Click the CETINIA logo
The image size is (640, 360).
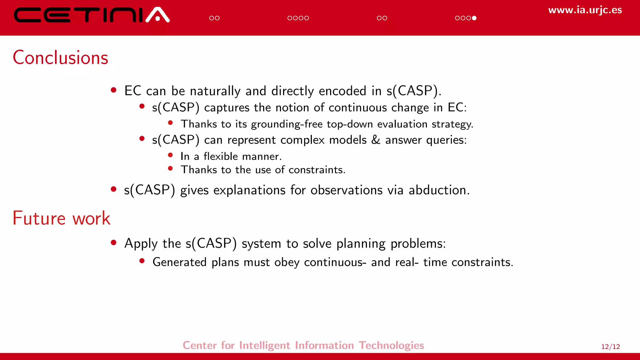click(92, 15)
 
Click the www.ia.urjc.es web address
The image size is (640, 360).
click(585, 10)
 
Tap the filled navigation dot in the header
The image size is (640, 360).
click(474, 18)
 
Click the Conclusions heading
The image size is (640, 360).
click(60, 58)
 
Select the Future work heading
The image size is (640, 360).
click(61, 218)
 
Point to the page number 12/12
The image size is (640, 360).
click(610, 347)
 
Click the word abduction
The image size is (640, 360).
click(439, 190)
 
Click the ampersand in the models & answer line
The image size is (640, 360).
click(376, 140)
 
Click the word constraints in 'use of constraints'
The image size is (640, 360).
click(317, 170)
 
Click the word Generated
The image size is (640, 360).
click(179, 262)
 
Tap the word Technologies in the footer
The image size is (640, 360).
click(391, 345)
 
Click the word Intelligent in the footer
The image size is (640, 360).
click(264, 345)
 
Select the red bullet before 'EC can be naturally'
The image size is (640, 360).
click(114, 90)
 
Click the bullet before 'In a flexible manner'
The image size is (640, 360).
click(170, 155)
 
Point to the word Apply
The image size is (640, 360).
click(141, 244)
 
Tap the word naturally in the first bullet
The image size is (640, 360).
click(215, 91)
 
